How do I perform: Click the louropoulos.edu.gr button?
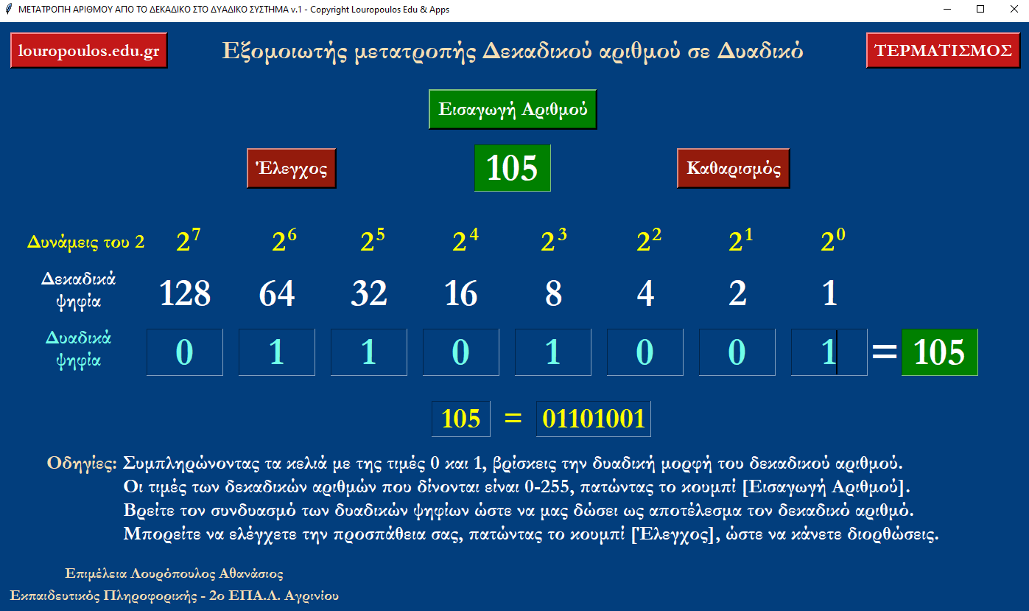(x=88, y=51)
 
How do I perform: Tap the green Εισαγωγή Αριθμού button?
(x=513, y=109)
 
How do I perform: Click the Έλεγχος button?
(x=291, y=168)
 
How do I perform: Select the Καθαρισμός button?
(x=733, y=168)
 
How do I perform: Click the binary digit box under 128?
(x=185, y=352)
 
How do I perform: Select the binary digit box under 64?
(x=276, y=352)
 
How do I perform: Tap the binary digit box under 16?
(x=461, y=352)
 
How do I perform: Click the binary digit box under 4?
(x=645, y=352)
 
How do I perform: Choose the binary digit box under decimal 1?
(x=829, y=352)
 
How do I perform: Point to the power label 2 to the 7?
(x=189, y=240)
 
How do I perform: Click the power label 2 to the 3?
(x=554, y=240)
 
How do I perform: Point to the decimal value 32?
(x=369, y=293)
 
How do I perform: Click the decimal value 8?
(x=554, y=293)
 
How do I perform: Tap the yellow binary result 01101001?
(x=594, y=419)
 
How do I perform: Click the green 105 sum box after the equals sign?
(x=939, y=352)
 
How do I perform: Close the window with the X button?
(x=1014, y=9)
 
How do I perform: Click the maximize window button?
(x=980, y=9)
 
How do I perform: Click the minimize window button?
(x=947, y=9)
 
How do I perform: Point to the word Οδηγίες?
(x=82, y=464)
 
